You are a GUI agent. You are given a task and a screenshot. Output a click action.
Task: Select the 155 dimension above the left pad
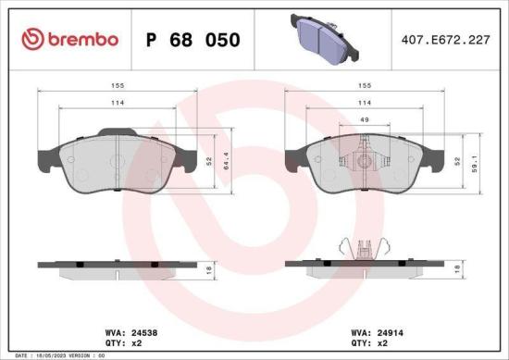click(118, 86)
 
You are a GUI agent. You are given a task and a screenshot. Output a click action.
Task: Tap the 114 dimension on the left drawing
click(118, 103)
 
